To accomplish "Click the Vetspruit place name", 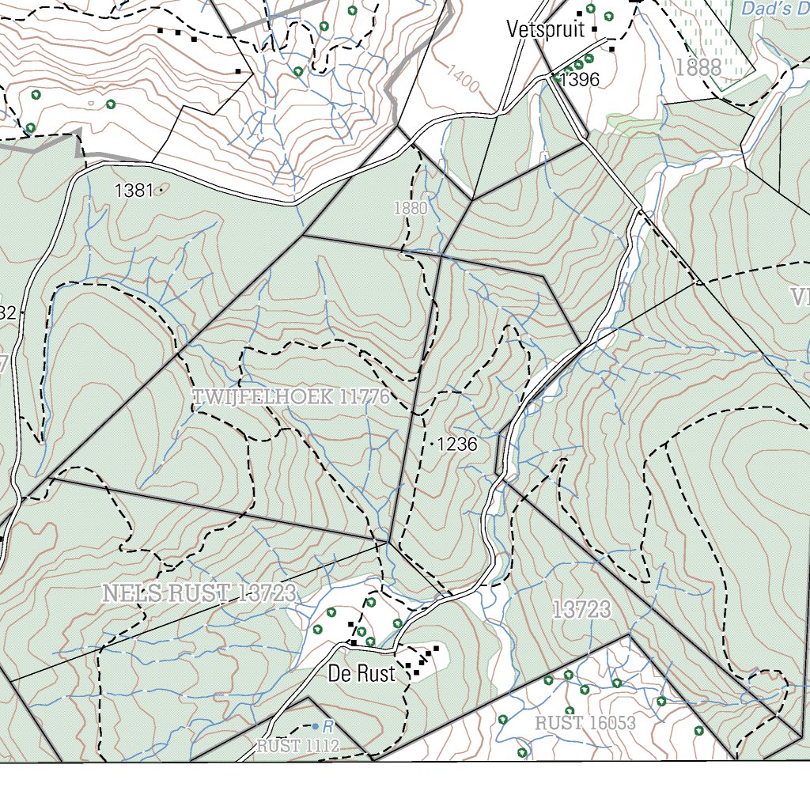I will click(x=545, y=30).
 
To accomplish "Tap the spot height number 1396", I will click(x=580, y=79).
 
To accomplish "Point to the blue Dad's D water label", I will click(x=775, y=9).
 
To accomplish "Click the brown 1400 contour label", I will click(x=463, y=78).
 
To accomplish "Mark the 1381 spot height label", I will click(x=134, y=191).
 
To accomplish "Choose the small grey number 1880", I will click(x=410, y=209).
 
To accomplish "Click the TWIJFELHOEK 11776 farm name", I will click(x=292, y=397).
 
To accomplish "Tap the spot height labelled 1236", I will click(x=457, y=445).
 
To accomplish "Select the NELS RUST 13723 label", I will click(x=199, y=593).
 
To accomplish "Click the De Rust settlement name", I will click(x=361, y=675).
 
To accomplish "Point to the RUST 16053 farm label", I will click(x=585, y=723).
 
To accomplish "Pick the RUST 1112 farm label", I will click(x=297, y=745).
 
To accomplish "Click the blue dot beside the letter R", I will click(x=315, y=726).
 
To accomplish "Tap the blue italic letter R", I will click(x=326, y=725).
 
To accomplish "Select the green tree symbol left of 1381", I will click(x=110, y=104).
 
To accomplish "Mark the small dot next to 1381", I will click(x=161, y=190).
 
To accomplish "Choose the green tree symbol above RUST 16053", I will click(x=570, y=710).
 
